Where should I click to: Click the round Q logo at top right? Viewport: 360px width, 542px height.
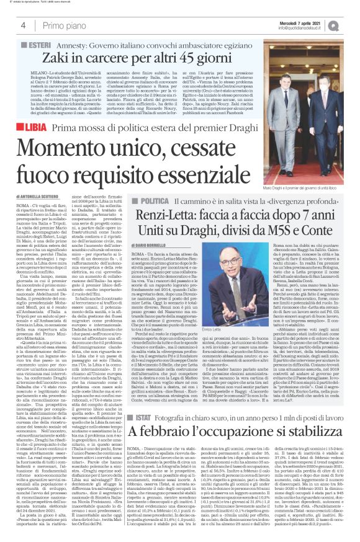[351, 24]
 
